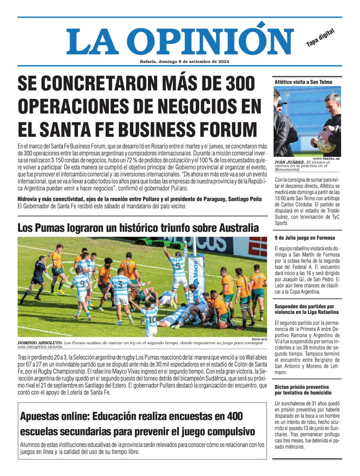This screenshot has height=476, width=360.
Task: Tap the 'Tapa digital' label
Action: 320,38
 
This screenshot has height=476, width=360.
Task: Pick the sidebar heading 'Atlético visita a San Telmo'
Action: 298,82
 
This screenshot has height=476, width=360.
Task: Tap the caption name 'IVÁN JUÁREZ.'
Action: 289,162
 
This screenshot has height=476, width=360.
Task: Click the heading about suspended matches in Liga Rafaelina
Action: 306,309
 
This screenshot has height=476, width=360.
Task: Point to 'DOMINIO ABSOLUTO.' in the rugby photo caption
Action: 40,343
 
